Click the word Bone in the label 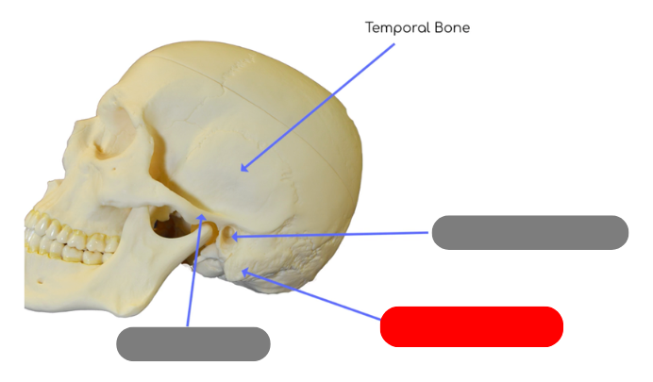point(451,28)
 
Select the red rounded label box point(472,326)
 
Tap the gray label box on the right point(529,232)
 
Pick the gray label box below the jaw point(193,344)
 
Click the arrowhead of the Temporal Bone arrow point(243,169)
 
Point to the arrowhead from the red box point(245,272)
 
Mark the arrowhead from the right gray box point(233,236)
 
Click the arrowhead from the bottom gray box point(201,219)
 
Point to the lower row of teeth point(66,251)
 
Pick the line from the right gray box point(330,234)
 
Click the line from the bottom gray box point(194,274)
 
